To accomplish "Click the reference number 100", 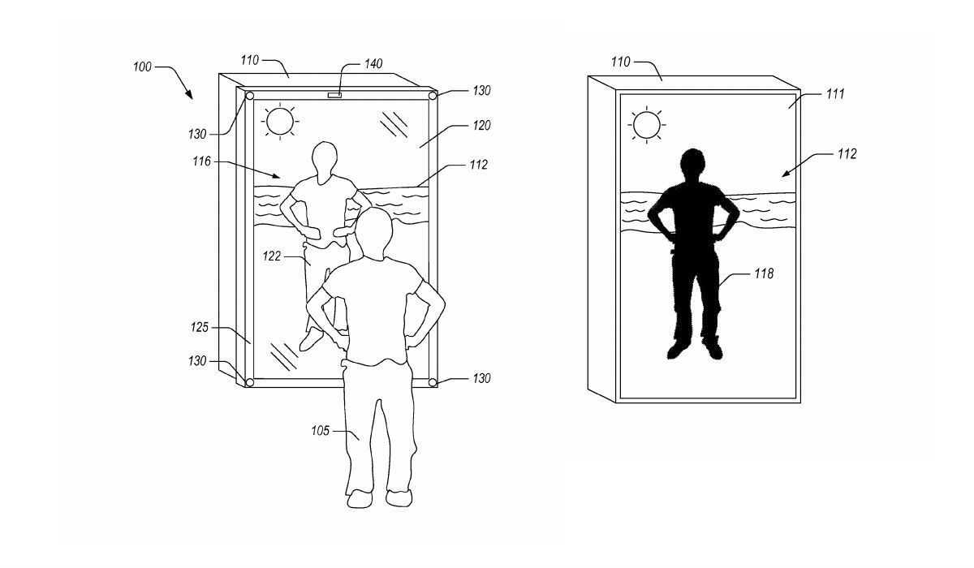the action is point(142,67).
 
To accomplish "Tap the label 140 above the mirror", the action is point(373,64).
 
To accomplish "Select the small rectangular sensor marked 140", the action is point(334,95).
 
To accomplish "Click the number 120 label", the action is point(482,126).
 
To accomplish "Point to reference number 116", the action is point(202,161).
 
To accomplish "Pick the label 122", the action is point(272,256).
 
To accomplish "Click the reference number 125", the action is point(200,327).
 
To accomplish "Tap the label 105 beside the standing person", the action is point(321,431).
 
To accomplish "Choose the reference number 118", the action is point(764,273).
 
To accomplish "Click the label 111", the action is point(835,94).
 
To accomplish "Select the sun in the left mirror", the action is point(280,121).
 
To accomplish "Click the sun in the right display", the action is point(647,125).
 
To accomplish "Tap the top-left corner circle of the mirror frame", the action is point(250,96).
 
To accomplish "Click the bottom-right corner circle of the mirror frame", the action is point(432,382).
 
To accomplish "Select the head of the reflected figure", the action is point(325,161).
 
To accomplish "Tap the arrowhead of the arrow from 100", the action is point(190,95).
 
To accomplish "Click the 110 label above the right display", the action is point(620,62).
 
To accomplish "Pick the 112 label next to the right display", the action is point(847,154).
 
